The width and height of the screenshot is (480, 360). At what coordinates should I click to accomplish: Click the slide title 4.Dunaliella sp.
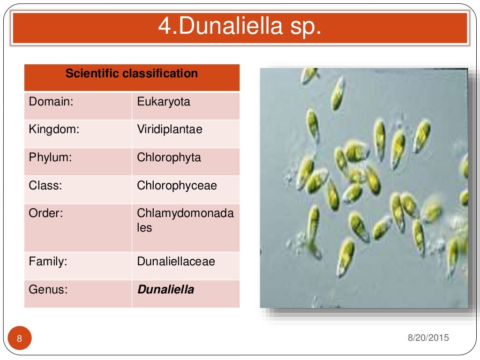[240, 27]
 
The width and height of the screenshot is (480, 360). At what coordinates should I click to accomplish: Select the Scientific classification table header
[132, 74]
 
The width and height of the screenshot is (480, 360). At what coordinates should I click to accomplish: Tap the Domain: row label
[51, 102]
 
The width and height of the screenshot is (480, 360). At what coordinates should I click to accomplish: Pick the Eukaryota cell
[164, 102]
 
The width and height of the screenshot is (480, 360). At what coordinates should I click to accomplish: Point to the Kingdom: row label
[54, 129]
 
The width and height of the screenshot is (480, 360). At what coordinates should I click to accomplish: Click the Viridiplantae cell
[170, 129]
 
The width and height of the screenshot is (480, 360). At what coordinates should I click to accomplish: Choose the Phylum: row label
[50, 157]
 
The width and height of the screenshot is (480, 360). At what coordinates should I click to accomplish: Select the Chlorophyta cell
[169, 157]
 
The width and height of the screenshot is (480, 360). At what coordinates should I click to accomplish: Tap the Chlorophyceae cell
[177, 186]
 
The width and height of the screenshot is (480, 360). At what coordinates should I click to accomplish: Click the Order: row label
[46, 214]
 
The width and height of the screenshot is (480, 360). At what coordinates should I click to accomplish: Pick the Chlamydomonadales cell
[185, 220]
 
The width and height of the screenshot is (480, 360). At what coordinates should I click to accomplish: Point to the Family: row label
[48, 262]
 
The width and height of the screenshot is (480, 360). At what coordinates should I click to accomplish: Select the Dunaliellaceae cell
[176, 262]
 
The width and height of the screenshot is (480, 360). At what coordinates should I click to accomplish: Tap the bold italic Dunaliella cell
[165, 290]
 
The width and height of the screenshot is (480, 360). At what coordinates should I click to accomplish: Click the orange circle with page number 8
[20, 338]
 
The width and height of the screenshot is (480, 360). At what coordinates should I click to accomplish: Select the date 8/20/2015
[427, 337]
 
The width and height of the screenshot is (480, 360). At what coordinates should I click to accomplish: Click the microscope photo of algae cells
[364, 187]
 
